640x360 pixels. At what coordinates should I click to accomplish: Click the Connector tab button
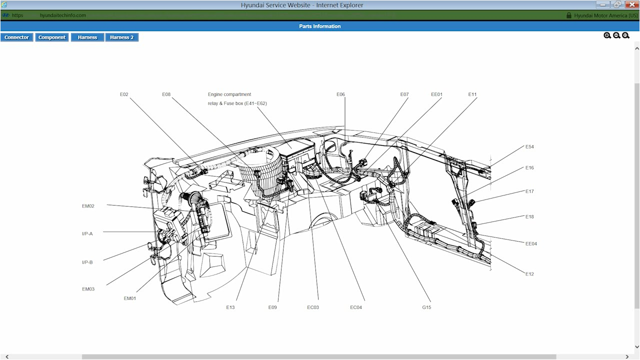pos(17,37)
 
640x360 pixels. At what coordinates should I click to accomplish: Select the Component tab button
pos(52,37)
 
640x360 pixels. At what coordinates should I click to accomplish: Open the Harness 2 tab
pos(121,37)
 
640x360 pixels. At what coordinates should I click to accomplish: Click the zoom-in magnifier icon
pos(607,35)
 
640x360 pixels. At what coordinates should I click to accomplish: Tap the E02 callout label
pos(124,94)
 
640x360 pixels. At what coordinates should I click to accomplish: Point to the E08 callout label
pos(166,94)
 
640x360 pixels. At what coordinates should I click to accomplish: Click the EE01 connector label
pos(436,94)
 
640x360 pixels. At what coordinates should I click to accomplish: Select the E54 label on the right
pos(529,147)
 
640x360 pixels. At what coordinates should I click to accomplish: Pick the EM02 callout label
pos(88,206)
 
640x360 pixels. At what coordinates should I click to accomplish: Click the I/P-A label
pos(87,233)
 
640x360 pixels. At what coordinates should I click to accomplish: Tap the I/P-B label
pos(87,262)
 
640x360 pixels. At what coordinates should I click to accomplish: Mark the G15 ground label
pos(426,307)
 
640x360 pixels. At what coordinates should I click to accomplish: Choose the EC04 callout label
pos(356,307)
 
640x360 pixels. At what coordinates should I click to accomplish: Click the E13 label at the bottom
pos(230,307)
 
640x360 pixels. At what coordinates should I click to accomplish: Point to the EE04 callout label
pos(531,244)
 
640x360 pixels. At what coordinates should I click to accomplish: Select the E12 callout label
pos(529,274)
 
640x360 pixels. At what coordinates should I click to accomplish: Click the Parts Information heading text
pos(320,26)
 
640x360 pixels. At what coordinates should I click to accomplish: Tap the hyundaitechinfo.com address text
pos(63,15)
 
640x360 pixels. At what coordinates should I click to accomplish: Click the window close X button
pos(631,5)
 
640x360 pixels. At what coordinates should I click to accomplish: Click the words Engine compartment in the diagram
pos(229,94)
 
